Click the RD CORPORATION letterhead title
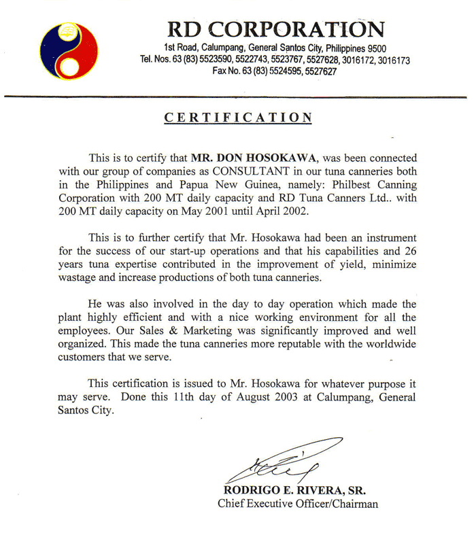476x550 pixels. click(275, 29)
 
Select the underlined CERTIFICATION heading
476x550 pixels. click(238, 118)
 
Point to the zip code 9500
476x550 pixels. click(376, 48)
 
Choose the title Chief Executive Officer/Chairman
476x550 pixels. click(298, 504)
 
